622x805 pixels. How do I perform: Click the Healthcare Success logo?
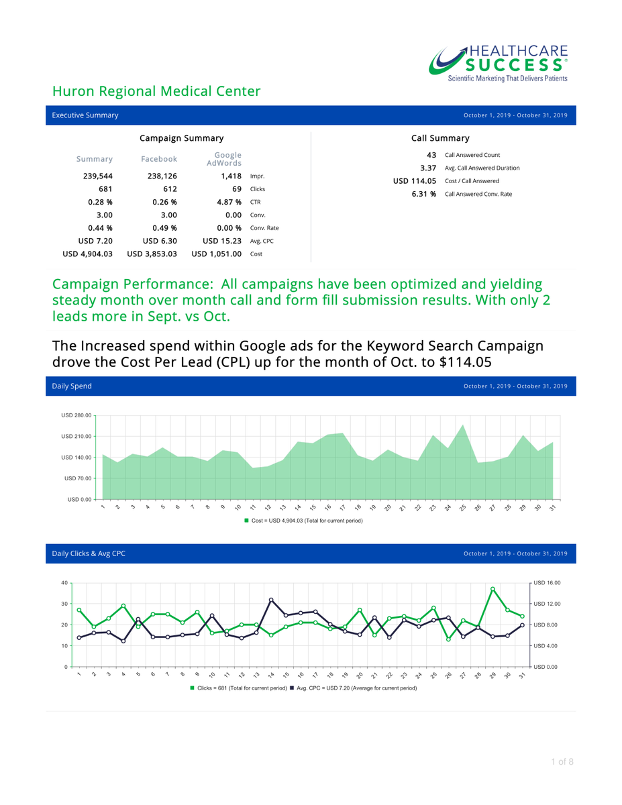point(499,63)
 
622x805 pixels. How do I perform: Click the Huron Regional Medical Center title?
point(156,91)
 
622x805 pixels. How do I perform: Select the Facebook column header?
point(159,159)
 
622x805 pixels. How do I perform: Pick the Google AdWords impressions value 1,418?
point(231,176)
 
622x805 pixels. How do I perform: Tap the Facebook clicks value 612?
point(170,189)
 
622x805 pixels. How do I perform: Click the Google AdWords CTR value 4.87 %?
point(229,202)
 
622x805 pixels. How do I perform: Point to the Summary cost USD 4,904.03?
point(87,254)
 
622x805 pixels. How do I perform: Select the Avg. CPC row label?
point(262,241)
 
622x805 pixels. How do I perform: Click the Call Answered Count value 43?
point(431,155)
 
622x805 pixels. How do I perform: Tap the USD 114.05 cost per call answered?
point(415,180)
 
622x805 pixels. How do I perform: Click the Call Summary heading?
point(440,138)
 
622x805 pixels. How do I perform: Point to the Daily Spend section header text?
point(72,386)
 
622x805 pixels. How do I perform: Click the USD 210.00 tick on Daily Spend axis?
point(76,437)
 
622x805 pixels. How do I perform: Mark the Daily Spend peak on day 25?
point(463,425)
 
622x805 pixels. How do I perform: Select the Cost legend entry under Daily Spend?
point(303,521)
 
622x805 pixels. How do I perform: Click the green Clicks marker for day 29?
point(493,589)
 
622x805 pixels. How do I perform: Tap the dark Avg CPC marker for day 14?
point(271,600)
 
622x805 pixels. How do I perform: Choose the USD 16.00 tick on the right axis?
point(547,583)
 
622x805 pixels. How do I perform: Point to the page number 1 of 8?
point(562,761)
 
